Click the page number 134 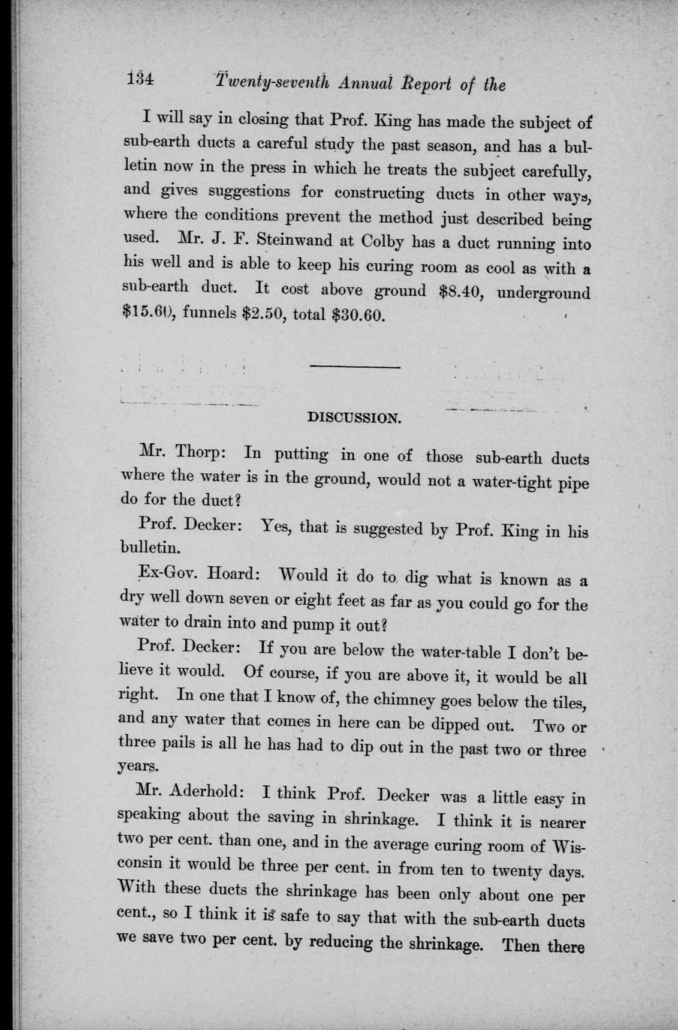point(141,79)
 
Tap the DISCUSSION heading point(353,418)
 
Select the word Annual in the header point(356,83)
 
